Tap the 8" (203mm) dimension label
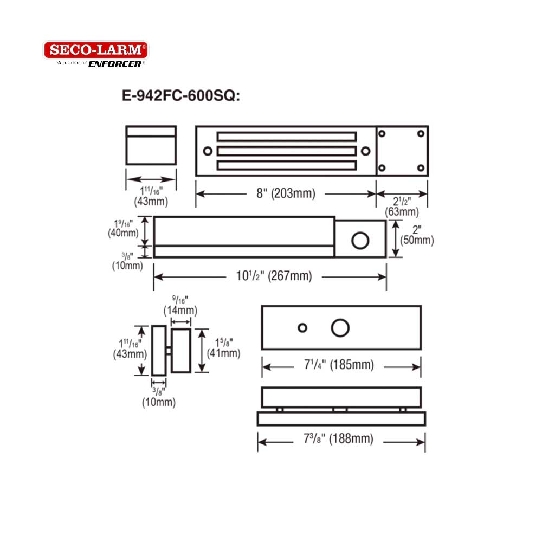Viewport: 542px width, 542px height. (285, 193)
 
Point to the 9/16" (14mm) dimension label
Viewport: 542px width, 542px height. (180, 305)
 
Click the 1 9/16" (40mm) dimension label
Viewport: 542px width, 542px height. (124, 228)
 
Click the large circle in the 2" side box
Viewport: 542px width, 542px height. (360, 240)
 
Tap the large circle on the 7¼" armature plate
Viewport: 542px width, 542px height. (340, 328)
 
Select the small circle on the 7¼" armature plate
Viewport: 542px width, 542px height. (302, 327)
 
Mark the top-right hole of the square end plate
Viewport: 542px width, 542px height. (421, 133)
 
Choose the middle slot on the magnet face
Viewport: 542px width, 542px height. (287, 150)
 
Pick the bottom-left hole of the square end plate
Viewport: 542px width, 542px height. (382, 167)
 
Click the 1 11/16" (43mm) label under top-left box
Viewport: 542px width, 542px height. (151, 195)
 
